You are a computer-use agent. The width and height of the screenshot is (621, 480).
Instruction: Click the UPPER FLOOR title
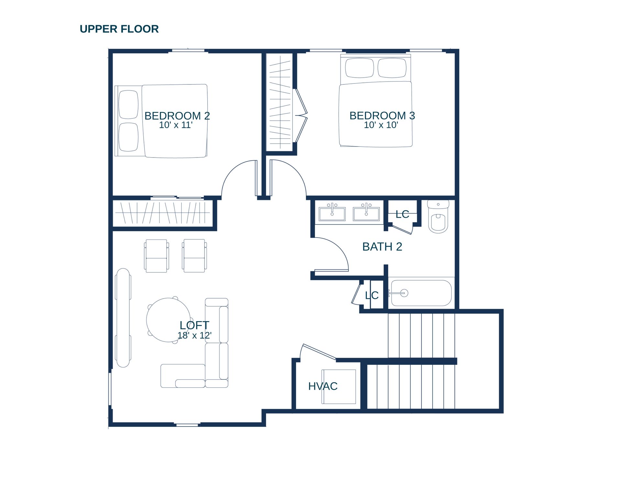119,29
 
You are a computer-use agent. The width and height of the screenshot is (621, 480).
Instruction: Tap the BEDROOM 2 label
177,116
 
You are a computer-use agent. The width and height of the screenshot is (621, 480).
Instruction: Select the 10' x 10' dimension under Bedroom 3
381,125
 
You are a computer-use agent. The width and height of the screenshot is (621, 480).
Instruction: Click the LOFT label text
194,325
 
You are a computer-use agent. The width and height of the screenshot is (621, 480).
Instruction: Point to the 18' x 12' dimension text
194,335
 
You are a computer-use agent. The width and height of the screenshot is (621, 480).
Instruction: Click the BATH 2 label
382,247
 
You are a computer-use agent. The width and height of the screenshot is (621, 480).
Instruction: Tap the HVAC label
323,386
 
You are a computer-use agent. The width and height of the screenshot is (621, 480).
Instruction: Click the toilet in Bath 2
438,216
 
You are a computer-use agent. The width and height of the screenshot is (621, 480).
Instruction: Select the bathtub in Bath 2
421,293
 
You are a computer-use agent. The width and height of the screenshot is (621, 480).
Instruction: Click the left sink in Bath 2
332,213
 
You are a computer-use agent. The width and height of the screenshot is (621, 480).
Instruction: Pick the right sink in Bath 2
366,213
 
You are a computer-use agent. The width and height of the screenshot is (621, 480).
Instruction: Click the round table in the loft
168,320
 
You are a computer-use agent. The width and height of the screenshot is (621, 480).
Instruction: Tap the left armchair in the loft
157,256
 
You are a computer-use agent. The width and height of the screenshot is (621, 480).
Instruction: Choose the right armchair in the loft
194,256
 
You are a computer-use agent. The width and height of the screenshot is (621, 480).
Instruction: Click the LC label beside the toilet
402,214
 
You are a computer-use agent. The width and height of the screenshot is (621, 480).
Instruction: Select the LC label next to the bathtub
372,295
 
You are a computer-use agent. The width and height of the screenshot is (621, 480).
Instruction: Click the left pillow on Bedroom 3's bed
359,68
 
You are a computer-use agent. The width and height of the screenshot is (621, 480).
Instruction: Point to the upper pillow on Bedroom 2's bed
129,104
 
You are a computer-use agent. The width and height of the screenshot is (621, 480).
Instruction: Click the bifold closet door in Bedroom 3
301,115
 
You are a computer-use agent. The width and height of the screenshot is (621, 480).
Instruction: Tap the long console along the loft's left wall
123,318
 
